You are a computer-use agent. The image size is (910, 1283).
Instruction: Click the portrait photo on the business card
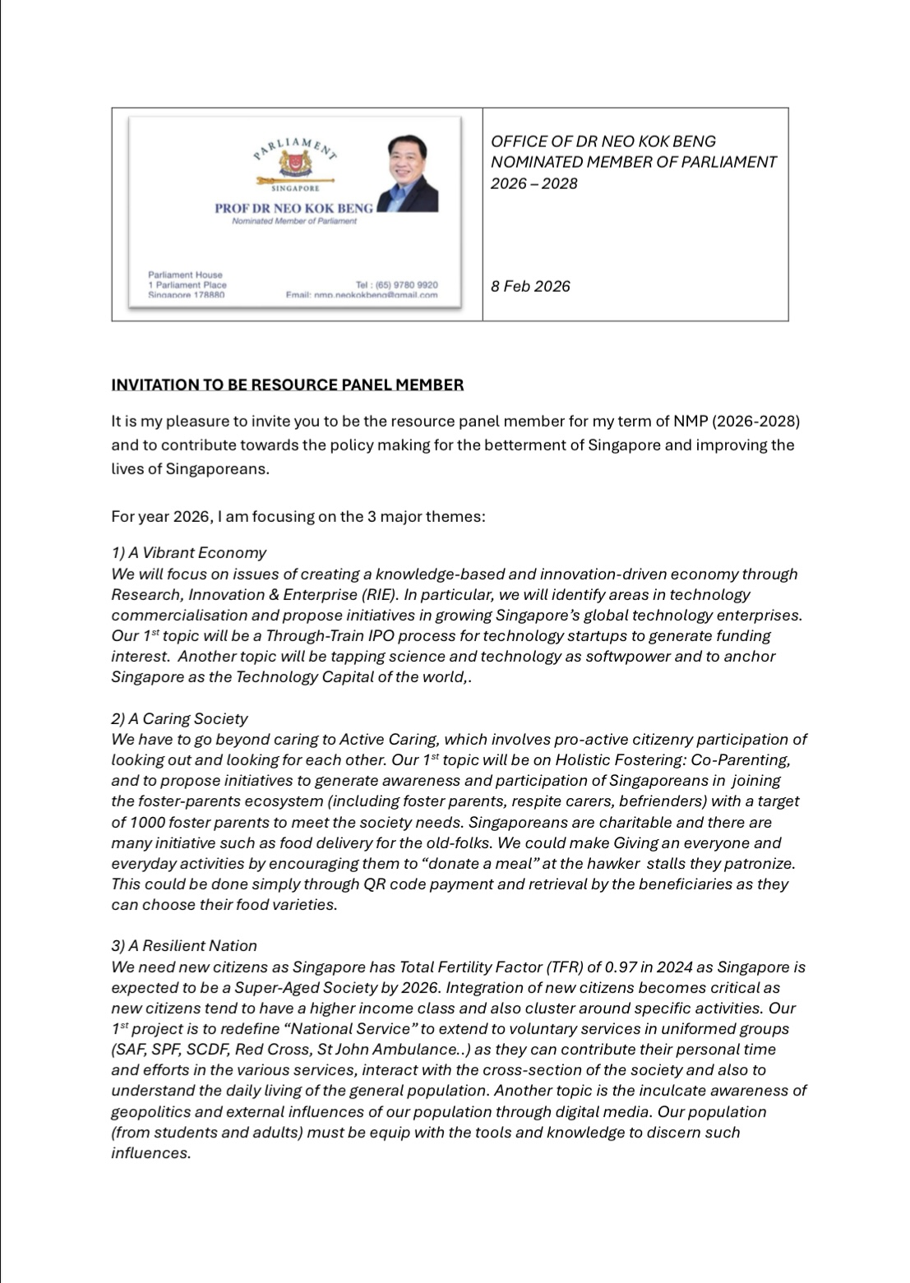point(409,173)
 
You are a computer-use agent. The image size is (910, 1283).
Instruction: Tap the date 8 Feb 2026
point(530,286)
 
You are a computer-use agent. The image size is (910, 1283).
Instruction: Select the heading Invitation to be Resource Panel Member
point(288,385)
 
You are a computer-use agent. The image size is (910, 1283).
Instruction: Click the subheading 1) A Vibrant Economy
point(189,552)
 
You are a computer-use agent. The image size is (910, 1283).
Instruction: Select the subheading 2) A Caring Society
point(179,718)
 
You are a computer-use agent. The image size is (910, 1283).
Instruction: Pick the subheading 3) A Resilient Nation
point(184,945)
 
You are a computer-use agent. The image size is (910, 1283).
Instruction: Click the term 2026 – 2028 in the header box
point(534,183)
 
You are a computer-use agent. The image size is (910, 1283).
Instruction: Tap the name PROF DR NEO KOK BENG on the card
point(293,209)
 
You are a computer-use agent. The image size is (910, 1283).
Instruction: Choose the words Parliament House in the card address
point(185,275)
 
